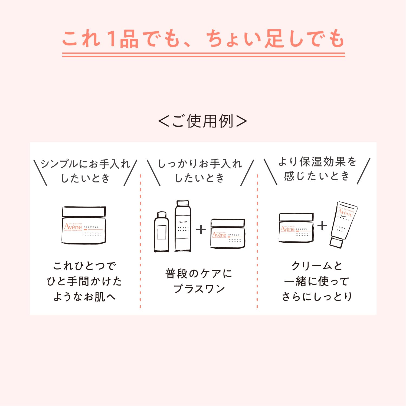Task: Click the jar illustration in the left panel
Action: pos(84,225)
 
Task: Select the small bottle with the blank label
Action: pos(161,232)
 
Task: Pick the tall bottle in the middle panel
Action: pos(183,226)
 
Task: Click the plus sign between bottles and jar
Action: pos(201,230)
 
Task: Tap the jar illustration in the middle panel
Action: pos(228,233)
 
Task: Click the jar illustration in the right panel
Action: pos(296,228)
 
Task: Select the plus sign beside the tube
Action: pos(322,225)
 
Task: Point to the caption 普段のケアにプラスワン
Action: pos(199,281)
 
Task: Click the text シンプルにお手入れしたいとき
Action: pos(85,171)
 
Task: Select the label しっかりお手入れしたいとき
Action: pos(200,171)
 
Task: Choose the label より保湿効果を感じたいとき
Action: pos(317,169)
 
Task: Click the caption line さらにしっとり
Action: pos(317,297)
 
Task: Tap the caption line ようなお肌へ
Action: pos(84,297)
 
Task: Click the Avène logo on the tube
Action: pos(346,213)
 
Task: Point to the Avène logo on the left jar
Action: pos(73,227)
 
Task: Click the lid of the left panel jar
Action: pos(84,212)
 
